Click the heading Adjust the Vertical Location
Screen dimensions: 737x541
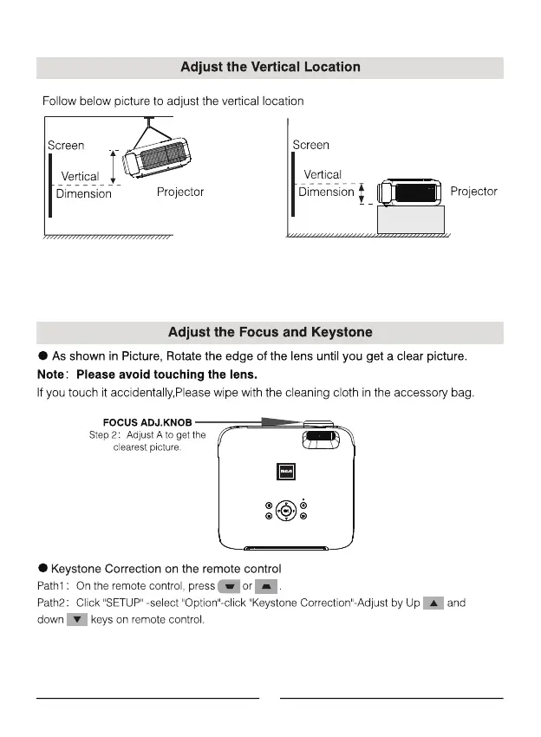pos(270,67)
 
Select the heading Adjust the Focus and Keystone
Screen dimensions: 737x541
pos(270,332)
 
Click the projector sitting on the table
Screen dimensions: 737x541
pos(407,192)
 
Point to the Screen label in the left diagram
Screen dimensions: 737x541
pos(66,145)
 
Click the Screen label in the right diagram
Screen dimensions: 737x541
pos(310,145)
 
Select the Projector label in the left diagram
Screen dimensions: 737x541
pos(180,192)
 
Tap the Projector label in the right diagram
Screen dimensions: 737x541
pos(474,191)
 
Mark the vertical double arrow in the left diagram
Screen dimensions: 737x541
pos(113,163)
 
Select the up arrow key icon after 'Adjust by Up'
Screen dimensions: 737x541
pos(433,603)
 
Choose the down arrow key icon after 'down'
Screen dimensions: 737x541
pos(77,620)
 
